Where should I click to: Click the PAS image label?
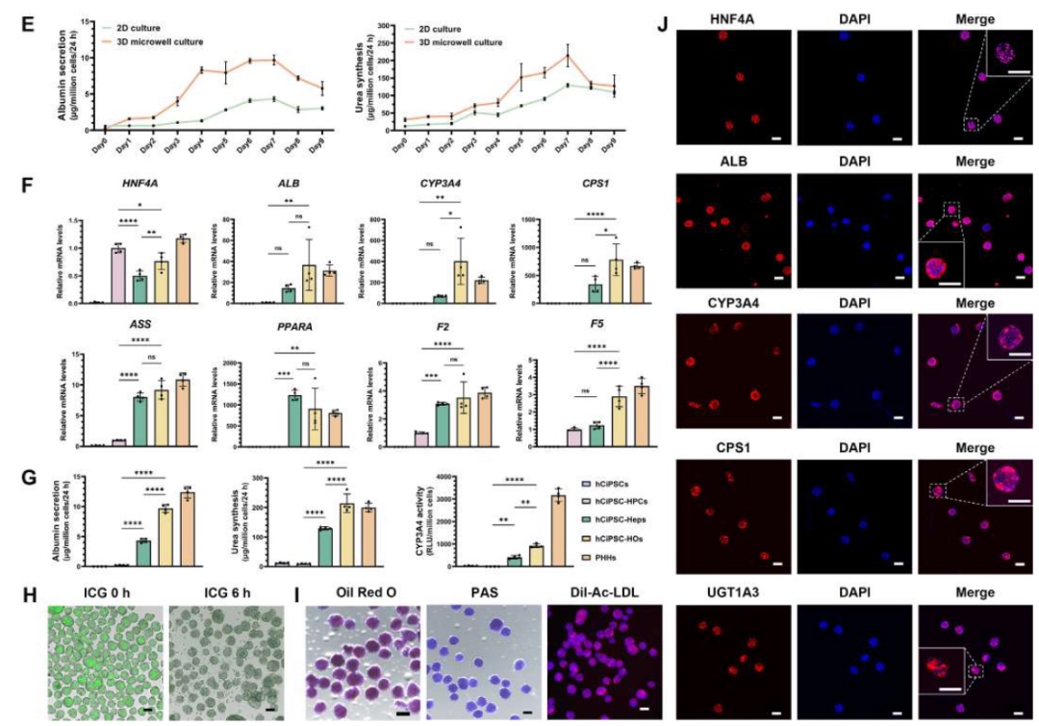coord(476,590)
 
